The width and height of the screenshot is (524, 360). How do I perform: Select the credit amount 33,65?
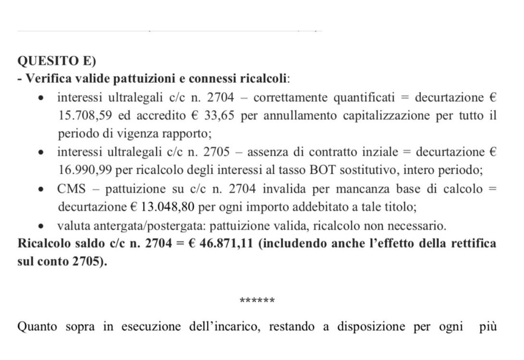pyautogui.click(x=222, y=116)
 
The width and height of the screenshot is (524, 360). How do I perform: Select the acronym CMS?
pyautogui.click(x=72, y=189)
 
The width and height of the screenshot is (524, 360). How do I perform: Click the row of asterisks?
pyautogui.click(x=257, y=301)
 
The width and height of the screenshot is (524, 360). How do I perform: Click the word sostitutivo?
pyautogui.click(x=315, y=170)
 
